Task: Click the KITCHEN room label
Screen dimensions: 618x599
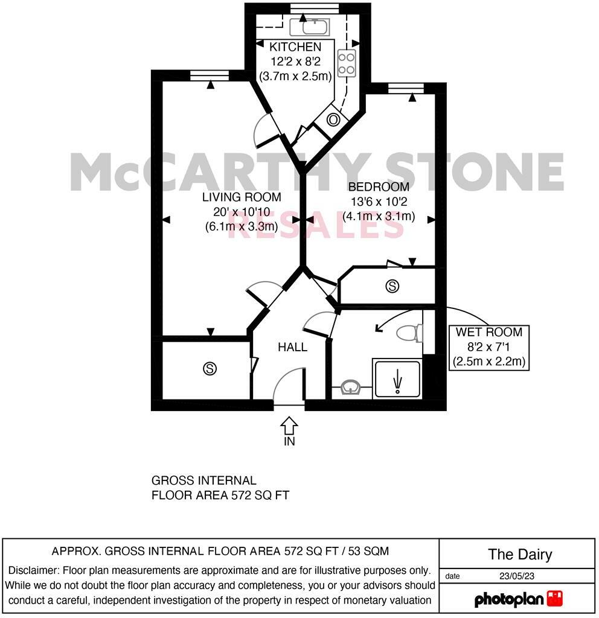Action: (295, 47)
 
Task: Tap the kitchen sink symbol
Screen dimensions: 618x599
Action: (309, 27)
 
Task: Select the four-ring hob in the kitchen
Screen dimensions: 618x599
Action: (347, 63)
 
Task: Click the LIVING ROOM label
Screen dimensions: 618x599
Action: (241, 197)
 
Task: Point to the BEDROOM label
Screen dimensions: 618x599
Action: (378, 187)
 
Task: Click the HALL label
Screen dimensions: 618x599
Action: (292, 347)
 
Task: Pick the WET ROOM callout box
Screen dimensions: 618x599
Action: (489, 347)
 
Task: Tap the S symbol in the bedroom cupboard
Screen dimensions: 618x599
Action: (392, 286)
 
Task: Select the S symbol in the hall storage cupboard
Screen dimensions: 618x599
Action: (210, 368)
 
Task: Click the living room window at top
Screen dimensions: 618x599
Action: (209, 75)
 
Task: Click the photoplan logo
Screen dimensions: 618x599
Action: (518, 599)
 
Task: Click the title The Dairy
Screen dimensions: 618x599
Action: (519, 555)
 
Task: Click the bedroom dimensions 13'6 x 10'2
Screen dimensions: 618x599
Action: (378, 202)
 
